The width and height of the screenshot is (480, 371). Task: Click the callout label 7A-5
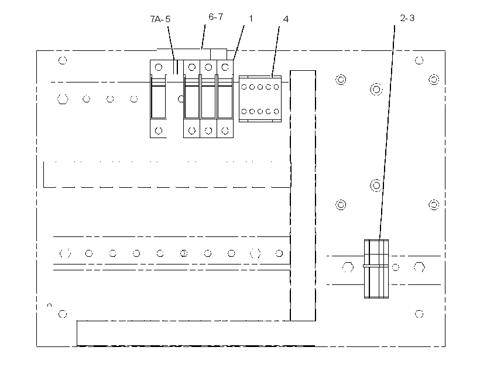[x=160, y=19]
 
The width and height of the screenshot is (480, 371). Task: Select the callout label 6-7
[x=216, y=17]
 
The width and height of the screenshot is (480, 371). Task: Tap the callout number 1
[x=251, y=19]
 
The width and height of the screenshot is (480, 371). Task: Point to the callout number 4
[x=286, y=19]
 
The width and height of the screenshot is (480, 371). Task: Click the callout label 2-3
[x=407, y=18]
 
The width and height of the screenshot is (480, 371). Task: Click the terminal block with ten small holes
[x=260, y=99]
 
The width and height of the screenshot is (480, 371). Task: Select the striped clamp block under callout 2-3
[x=376, y=269]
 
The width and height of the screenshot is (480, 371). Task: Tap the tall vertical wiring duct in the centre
[x=303, y=195]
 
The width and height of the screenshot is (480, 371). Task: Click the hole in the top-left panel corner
[x=63, y=60]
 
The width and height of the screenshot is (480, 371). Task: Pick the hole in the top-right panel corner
[x=419, y=60]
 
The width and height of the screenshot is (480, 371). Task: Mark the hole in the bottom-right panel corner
[x=419, y=314]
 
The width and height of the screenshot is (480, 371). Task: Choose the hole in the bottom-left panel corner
[x=63, y=314]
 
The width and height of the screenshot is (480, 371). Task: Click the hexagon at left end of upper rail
[x=63, y=99]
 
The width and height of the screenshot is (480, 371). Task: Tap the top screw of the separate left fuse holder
[x=159, y=67]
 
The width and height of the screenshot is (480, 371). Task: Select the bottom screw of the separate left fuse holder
[x=159, y=131]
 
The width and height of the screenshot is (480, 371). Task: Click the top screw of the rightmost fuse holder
[x=225, y=67]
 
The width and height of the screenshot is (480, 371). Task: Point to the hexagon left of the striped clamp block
[x=348, y=267]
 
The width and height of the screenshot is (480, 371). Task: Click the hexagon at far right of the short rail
[x=419, y=267]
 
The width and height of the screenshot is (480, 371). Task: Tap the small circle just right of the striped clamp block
[x=396, y=267]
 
